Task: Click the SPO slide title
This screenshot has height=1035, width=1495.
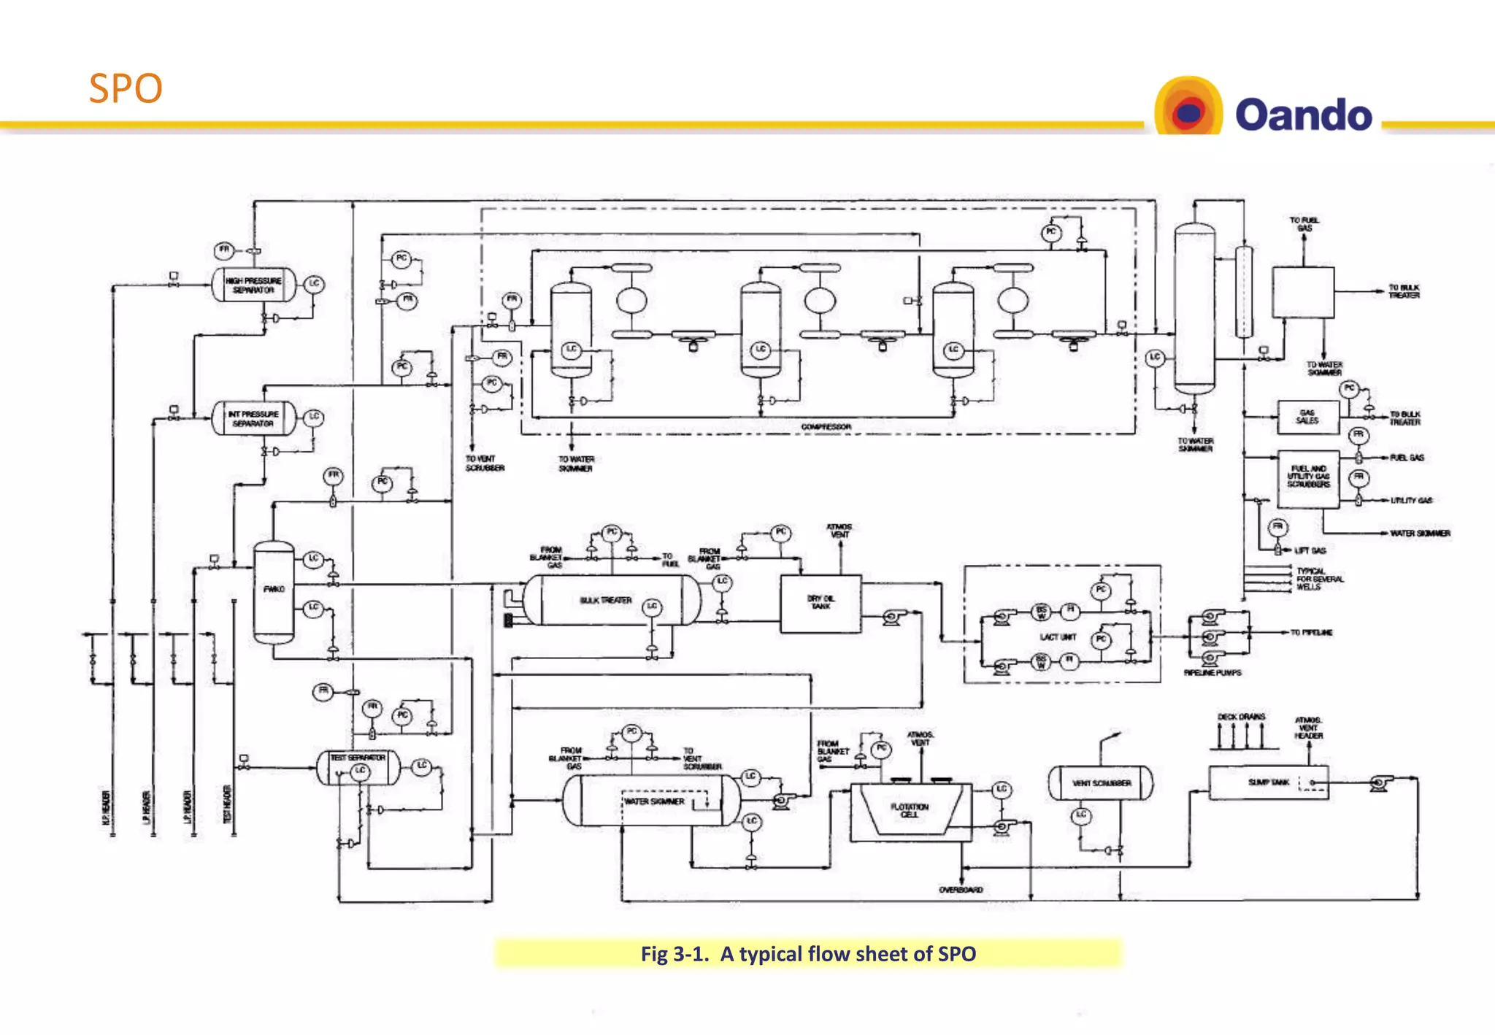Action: coord(126,89)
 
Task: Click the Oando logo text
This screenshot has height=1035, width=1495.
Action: coord(1303,115)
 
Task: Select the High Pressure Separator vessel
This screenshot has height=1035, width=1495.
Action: coord(253,285)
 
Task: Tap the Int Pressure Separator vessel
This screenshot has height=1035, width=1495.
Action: coord(253,419)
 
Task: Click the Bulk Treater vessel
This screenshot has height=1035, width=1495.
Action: coord(606,600)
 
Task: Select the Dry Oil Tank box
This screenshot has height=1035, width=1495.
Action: coord(820,603)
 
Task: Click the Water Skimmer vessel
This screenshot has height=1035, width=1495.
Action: coord(653,801)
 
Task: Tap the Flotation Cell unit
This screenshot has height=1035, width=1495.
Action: coord(910,810)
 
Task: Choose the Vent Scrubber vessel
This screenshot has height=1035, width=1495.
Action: coord(1101,783)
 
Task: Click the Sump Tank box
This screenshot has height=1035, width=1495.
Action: coord(1268,782)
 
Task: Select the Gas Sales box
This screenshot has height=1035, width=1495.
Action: coord(1307,417)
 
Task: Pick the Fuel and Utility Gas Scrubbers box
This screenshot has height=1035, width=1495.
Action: coord(1308,477)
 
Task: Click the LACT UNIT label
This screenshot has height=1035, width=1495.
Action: coord(1058,637)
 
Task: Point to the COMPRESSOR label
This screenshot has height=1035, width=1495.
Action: coord(826,427)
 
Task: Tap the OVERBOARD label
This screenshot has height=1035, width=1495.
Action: coord(961,890)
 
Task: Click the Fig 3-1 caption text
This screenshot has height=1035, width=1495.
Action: coord(808,954)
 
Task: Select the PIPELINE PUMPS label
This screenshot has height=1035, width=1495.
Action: coord(1212,673)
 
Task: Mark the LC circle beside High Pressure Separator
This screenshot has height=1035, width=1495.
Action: coord(314,283)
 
